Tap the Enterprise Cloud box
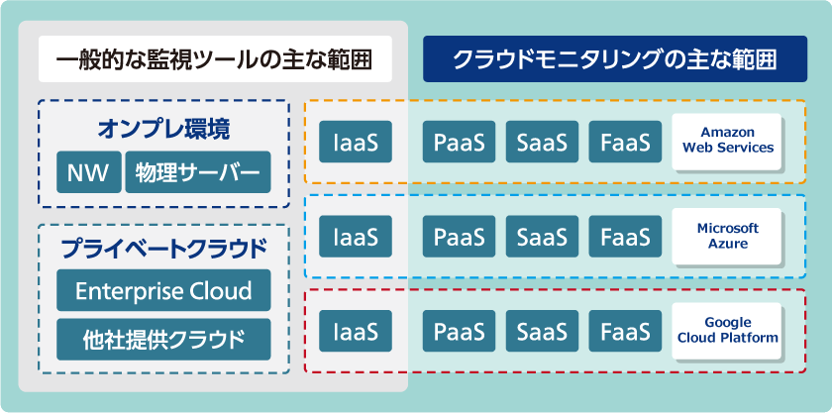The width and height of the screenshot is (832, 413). (x=163, y=291)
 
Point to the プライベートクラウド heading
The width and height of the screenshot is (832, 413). (x=163, y=248)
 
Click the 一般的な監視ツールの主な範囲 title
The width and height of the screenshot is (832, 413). (x=213, y=59)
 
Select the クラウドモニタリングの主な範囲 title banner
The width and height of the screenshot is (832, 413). (x=614, y=59)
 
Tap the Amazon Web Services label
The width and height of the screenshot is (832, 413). (x=728, y=141)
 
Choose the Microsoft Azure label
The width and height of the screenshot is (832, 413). (x=728, y=236)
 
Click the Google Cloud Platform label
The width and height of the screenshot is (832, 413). (x=728, y=331)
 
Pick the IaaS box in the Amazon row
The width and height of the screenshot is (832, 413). (x=356, y=142)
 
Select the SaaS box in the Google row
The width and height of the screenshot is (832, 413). (x=542, y=331)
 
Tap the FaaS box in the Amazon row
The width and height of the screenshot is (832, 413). (x=625, y=142)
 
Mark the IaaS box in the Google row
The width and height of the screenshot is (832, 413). (x=356, y=331)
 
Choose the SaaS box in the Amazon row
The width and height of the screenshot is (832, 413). (x=542, y=142)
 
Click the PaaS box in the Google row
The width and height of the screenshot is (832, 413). (x=460, y=331)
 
